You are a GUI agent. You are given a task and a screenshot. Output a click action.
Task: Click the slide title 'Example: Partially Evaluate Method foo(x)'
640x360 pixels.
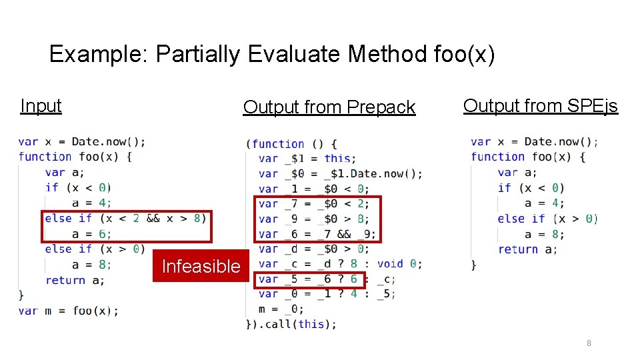click(x=272, y=54)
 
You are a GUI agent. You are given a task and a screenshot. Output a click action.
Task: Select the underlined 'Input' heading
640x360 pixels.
click(x=41, y=105)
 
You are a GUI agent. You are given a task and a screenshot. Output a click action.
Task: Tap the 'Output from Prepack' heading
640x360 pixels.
click(x=329, y=107)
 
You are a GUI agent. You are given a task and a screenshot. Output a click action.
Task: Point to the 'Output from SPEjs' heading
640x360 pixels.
click(x=540, y=105)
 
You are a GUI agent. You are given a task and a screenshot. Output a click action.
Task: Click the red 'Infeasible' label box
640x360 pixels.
click(x=201, y=266)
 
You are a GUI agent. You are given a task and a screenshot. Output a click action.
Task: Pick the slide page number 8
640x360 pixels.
click(x=589, y=343)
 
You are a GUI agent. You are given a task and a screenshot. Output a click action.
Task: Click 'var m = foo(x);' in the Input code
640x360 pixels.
click(x=68, y=311)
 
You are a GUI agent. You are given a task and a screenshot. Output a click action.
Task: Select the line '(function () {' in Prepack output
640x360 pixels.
click(x=291, y=143)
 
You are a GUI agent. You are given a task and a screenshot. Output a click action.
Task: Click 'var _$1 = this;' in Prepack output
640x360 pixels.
click(x=307, y=159)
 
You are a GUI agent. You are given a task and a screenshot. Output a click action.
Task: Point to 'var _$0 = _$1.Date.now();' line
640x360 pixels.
click(x=339, y=173)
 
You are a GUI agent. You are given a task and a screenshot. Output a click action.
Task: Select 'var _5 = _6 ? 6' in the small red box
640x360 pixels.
click(x=307, y=279)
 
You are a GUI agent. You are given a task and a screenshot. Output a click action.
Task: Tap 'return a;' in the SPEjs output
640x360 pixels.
click(x=527, y=249)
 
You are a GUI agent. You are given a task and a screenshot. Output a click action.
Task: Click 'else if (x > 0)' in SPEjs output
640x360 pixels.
click(x=547, y=219)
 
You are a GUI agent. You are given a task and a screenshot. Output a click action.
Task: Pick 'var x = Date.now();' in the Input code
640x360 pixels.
click(x=81, y=141)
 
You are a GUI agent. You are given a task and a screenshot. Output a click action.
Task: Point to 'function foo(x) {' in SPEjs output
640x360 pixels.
click(x=527, y=157)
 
